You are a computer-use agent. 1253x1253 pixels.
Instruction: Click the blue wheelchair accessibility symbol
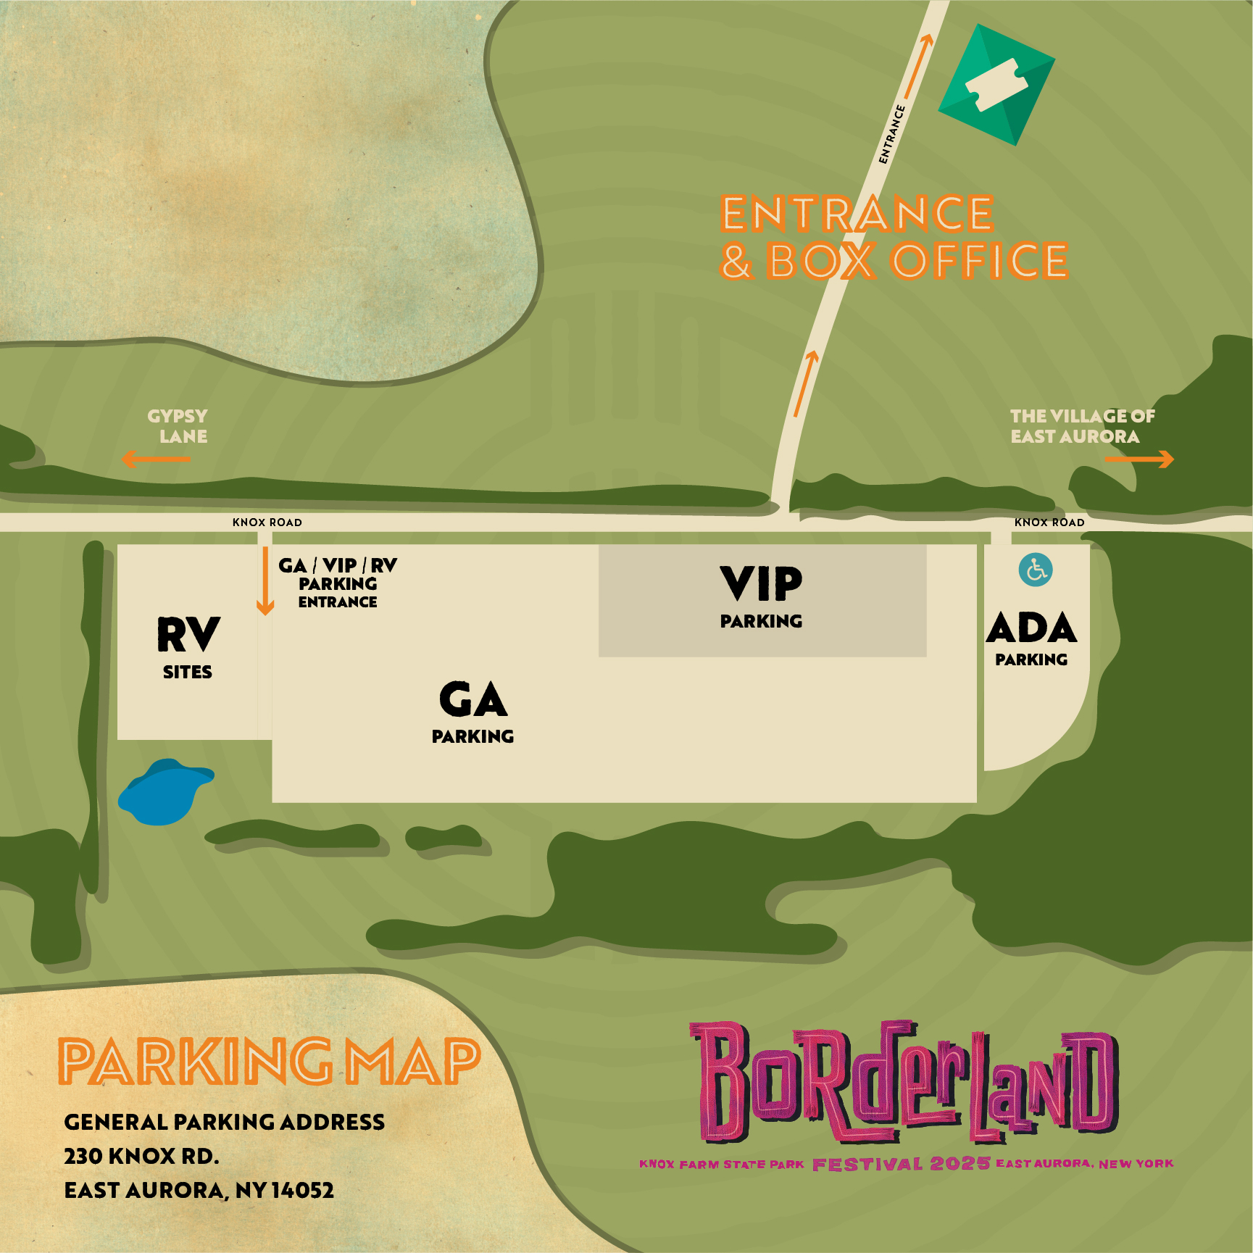1036,570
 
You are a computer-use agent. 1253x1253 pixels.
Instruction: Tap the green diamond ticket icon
996,85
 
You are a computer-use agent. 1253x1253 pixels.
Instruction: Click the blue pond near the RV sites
163,791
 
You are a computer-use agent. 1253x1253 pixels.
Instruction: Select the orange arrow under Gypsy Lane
156,459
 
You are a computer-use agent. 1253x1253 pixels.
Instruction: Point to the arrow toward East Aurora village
1138,459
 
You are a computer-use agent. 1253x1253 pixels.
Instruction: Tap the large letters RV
188,635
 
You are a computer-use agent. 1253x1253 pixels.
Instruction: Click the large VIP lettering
762,584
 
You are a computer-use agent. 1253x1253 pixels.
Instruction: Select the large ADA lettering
1032,628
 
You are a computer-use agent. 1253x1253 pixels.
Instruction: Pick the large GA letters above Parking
473,700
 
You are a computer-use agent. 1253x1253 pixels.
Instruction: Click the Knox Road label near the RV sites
267,522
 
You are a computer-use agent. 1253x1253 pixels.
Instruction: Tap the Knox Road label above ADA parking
1049,522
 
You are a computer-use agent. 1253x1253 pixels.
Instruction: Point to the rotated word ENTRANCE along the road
892,135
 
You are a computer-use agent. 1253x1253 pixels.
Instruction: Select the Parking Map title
269,1062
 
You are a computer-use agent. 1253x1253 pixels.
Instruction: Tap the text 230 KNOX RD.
141,1156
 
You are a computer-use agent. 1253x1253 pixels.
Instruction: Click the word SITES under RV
188,673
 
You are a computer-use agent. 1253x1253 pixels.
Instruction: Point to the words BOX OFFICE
917,261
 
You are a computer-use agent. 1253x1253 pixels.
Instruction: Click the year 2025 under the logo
960,1164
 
